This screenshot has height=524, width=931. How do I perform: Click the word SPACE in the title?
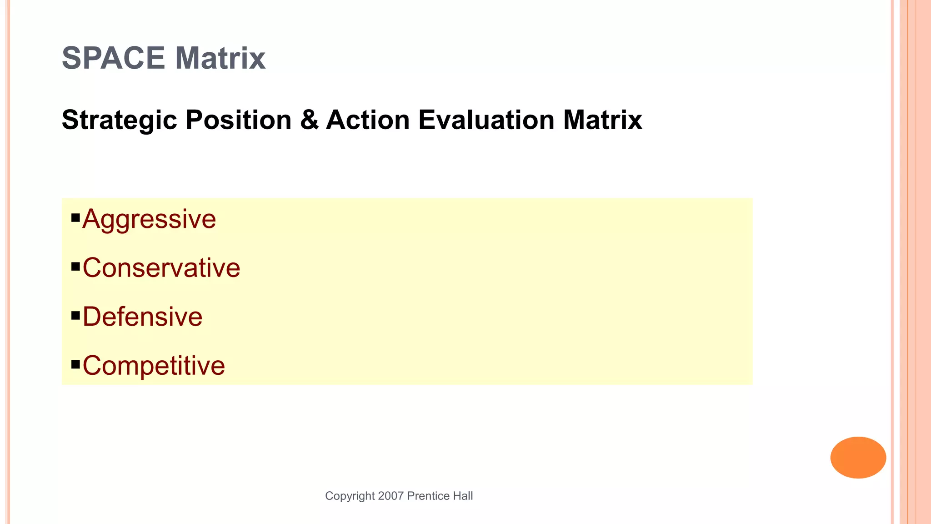click(x=113, y=58)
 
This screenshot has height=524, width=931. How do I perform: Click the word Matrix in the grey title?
click(x=220, y=58)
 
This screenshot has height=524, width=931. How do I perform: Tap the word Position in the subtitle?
click(x=238, y=120)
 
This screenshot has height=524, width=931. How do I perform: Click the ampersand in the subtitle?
click(x=309, y=120)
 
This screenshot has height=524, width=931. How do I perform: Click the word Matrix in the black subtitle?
click(x=602, y=120)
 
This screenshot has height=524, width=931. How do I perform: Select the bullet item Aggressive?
click(x=149, y=219)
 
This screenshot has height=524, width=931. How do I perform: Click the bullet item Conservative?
click(x=161, y=268)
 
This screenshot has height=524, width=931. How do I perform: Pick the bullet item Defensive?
click(x=142, y=317)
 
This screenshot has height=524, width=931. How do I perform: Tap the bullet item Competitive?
click(x=154, y=365)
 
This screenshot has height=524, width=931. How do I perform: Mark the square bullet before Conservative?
click(x=75, y=266)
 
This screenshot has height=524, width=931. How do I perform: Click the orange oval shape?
click(x=858, y=457)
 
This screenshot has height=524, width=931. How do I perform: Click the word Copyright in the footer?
click(x=350, y=496)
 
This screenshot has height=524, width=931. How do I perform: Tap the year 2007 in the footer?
click(x=391, y=496)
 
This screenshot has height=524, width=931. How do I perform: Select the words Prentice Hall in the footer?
click(x=440, y=496)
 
